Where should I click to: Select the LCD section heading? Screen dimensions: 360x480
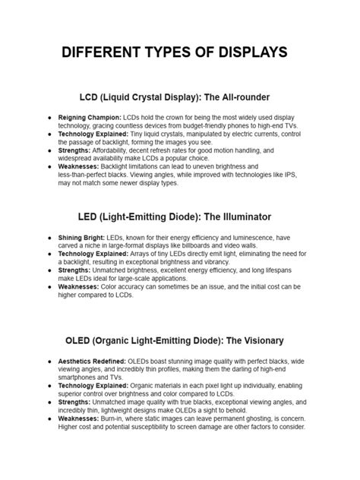click(180, 98)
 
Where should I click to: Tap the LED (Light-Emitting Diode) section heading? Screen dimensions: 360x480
click(180, 219)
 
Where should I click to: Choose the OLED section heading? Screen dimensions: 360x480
click(180, 340)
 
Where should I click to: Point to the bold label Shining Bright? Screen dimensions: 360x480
click(81, 238)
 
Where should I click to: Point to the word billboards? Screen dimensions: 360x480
click(231, 246)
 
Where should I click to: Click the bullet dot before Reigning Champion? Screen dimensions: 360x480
click(49, 118)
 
